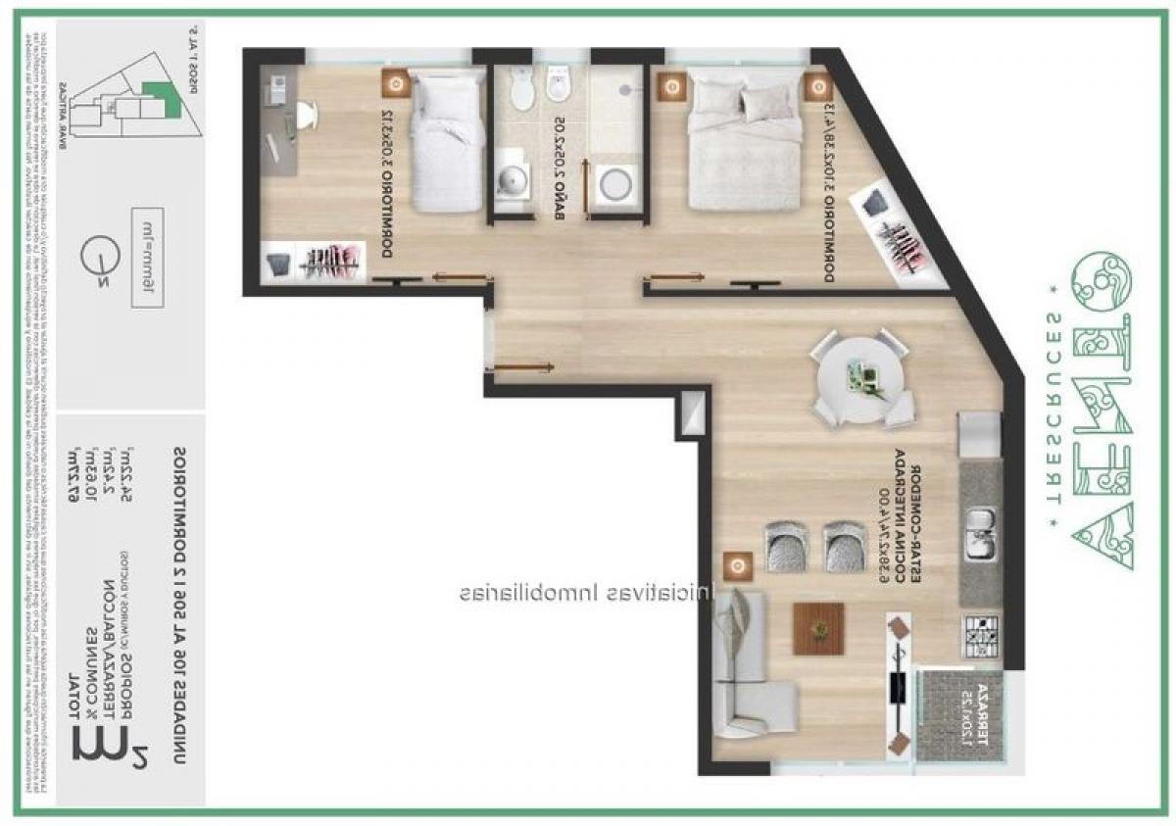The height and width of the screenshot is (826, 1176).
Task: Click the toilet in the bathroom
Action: pos(521,90)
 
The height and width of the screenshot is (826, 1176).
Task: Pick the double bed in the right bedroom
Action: pos(745,142)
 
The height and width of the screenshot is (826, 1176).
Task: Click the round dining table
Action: pos(862,377)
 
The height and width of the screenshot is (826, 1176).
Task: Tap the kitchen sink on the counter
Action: pos(980,534)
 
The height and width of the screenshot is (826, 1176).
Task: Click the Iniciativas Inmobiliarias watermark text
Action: pos(588,593)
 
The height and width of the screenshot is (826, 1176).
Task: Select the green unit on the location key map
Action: pos(154,99)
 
